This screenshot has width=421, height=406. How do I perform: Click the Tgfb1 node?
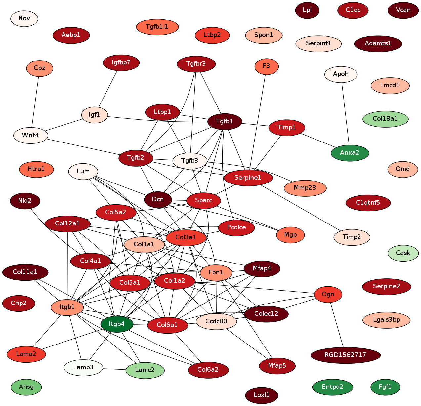click(x=225, y=121)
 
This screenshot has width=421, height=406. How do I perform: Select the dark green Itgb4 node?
click(x=117, y=324)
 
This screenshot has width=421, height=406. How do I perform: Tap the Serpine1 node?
click(x=248, y=178)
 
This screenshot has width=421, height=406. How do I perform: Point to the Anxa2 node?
click(x=350, y=153)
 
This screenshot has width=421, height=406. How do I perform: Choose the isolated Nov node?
click(x=24, y=18)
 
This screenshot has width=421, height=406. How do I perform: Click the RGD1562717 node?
click(x=345, y=355)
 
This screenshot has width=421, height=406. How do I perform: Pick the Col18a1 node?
click(x=385, y=119)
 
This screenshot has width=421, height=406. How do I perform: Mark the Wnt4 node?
click(x=30, y=135)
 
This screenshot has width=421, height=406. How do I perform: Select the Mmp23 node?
click(x=305, y=188)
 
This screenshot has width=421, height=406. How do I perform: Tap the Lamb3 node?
click(x=83, y=367)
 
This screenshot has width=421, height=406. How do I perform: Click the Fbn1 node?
click(x=216, y=272)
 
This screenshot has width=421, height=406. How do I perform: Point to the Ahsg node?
click(x=26, y=387)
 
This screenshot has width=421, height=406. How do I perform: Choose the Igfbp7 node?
click(x=121, y=63)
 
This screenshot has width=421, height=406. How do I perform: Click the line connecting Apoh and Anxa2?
click(x=345, y=113)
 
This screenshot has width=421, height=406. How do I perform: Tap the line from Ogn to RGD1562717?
click(x=336, y=324)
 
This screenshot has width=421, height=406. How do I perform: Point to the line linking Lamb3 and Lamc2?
click(x=114, y=369)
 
